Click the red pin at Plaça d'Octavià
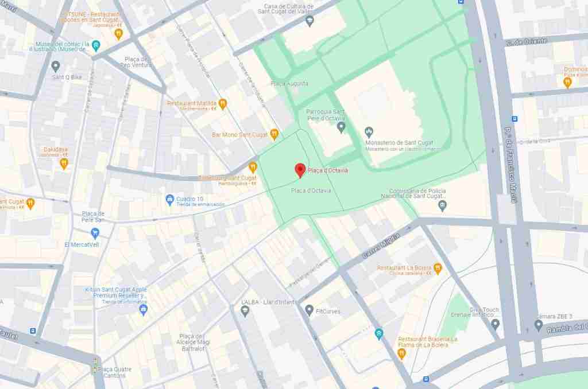tap(299, 169)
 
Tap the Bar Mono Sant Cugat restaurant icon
tap(274, 134)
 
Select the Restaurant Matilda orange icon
tap(223, 103)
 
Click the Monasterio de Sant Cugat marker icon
tap(370, 132)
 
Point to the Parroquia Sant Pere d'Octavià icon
tap(341, 126)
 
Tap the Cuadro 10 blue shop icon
tap(169, 200)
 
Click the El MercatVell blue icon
tap(95, 233)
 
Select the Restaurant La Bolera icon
tap(438, 268)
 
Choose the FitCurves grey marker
tap(309, 310)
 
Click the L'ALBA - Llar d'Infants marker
tap(245, 311)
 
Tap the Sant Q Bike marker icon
tap(56, 66)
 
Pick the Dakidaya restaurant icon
tap(64, 164)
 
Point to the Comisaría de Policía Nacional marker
tap(442, 205)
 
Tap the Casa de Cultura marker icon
tap(310, 21)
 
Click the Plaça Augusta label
tap(289, 84)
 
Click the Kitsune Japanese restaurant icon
tap(118, 33)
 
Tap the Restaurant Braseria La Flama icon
tap(401, 353)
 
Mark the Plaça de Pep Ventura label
tap(137, 62)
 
